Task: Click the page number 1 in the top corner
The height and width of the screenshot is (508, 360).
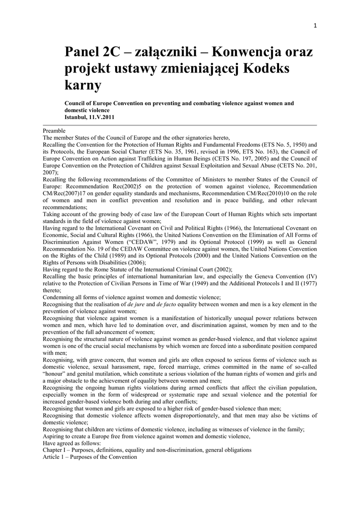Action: click(x=315, y=26)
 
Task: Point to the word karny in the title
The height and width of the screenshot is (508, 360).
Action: click(x=83, y=85)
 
